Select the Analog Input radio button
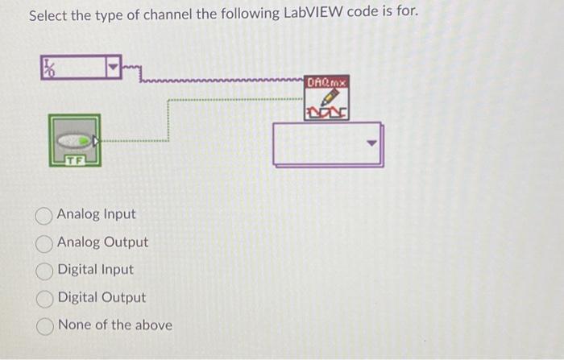click(46, 215)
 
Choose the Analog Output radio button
click(46, 242)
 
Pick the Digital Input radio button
click(46, 270)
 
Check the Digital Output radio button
click(46, 298)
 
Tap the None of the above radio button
click(46, 325)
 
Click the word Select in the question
click(50, 15)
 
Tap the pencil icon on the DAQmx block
click(328, 97)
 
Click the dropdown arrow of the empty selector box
click(371, 145)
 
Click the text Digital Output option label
click(102, 298)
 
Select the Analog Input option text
click(97, 215)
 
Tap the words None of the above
click(115, 325)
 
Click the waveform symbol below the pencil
click(328, 113)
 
